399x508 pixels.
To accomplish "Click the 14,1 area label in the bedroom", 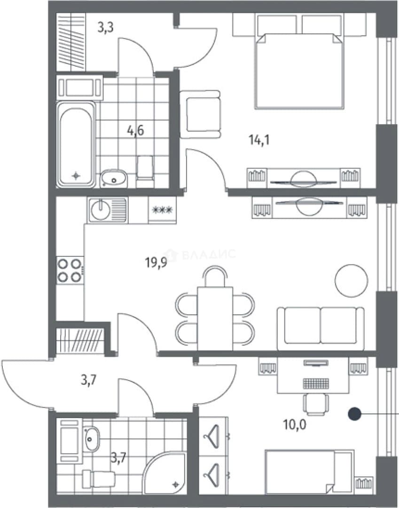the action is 259,140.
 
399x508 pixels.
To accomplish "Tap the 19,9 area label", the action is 156,262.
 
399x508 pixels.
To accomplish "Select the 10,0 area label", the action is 295,424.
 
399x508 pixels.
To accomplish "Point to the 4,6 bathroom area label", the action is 135,131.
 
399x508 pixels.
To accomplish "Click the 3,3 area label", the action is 105,28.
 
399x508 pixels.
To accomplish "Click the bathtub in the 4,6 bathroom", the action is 77,144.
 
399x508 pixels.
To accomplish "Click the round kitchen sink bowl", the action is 101,211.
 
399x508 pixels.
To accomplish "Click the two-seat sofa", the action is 321,328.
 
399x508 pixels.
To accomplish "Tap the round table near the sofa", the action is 352,280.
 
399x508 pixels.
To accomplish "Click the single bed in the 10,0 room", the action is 309,472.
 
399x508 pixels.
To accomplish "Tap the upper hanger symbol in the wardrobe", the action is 211,433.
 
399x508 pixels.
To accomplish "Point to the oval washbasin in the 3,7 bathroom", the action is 92,439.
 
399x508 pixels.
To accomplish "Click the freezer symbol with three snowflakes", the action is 163,210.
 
